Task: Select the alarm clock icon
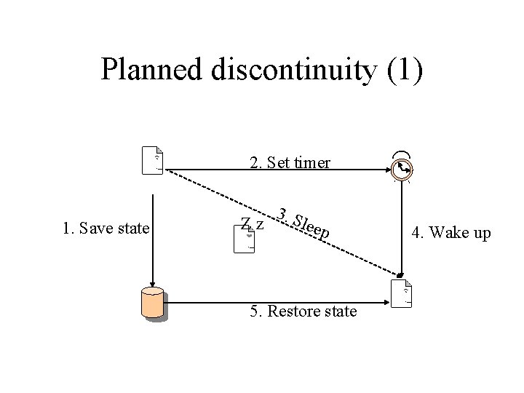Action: click(401, 169)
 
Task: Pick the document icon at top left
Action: click(153, 161)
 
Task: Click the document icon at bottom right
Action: click(402, 294)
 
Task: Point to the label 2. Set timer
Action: click(290, 162)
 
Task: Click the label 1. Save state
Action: click(106, 229)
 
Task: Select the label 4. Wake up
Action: click(450, 234)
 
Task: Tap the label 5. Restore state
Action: click(303, 311)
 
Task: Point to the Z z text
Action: click(252, 223)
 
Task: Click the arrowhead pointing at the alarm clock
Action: click(388, 170)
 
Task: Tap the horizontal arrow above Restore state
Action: click(277, 296)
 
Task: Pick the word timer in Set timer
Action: click(312, 162)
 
